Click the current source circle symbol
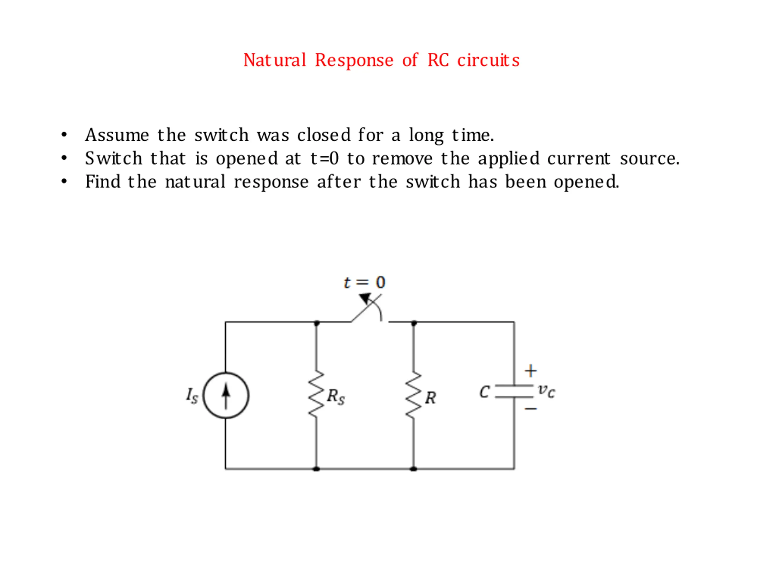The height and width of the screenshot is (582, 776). [226, 395]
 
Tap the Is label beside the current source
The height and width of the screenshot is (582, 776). [192, 396]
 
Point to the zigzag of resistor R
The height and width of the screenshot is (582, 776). [413, 395]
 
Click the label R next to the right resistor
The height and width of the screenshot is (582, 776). [430, 398]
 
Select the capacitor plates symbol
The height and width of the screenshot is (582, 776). [514, 392]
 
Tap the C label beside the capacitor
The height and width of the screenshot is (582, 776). [484, 392]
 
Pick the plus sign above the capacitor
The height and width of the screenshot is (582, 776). [531, 371]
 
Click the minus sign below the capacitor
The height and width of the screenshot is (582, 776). [531, 409]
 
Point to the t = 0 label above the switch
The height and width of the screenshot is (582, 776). [364, 283]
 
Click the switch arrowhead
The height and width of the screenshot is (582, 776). [365, 299]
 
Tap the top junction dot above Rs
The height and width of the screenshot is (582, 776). [317, 323]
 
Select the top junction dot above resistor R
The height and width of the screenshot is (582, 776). [414, 323]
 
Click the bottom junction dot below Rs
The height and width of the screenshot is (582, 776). [316, 469]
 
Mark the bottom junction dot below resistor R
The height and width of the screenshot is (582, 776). [413, 469]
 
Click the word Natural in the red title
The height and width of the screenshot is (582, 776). [275, 60]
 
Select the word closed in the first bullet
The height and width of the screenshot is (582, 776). [324, 135]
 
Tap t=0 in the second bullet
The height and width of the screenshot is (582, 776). [325, 159]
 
